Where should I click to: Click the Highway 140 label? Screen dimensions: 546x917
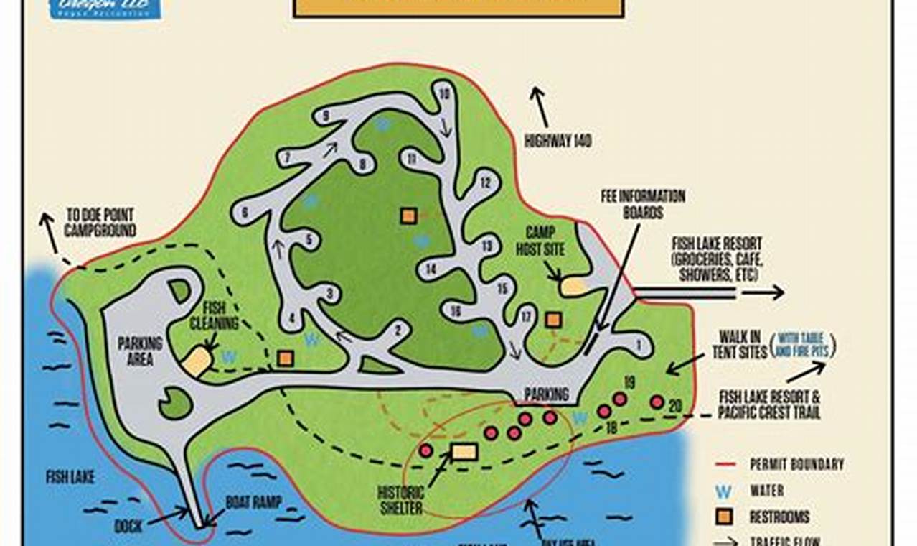(x=558, y=142)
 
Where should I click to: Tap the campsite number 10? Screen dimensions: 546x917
(x=443, y=94)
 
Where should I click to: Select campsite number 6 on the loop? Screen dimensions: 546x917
(x=245, y=212)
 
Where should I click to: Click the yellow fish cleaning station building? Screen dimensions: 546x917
(x=197, y=361)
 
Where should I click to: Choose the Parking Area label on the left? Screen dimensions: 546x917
(x=140, y=351)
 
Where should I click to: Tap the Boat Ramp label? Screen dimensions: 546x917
(x=254, y=502)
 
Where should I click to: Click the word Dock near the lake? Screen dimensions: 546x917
(x=128, y=526)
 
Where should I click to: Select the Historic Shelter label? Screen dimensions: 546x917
(x=401, y=501)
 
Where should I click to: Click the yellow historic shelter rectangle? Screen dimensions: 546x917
(x=464, y=451)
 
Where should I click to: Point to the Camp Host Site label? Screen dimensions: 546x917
(x=545, y=241)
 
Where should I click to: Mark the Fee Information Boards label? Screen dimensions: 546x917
(x=642, y=204)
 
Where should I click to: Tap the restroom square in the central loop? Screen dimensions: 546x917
(x=408, y=216)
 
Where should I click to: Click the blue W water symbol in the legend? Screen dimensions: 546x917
(x=725, y=491)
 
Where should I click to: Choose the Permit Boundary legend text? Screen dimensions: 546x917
(x=796, y=465)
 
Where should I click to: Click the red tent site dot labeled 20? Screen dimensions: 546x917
(x=657, y=402)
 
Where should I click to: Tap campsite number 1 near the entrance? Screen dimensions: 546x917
(x=638, y=344)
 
